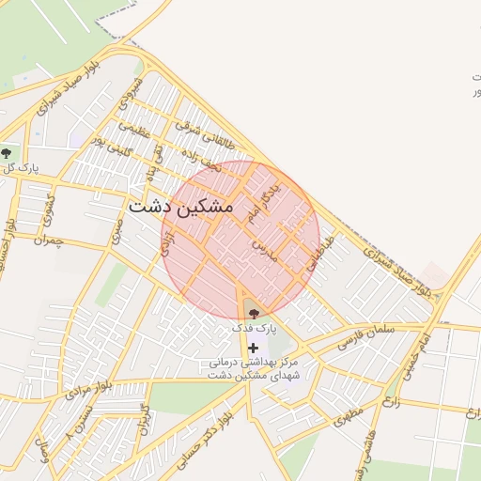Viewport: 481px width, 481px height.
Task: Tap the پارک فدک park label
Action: click(256, 329)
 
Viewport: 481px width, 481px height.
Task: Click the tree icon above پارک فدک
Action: click(255, 314)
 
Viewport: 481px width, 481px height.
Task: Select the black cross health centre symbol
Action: click(253, 349)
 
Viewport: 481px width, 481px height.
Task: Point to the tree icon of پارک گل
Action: click(7, 151)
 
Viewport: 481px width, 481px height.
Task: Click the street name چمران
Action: click(44, 241)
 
